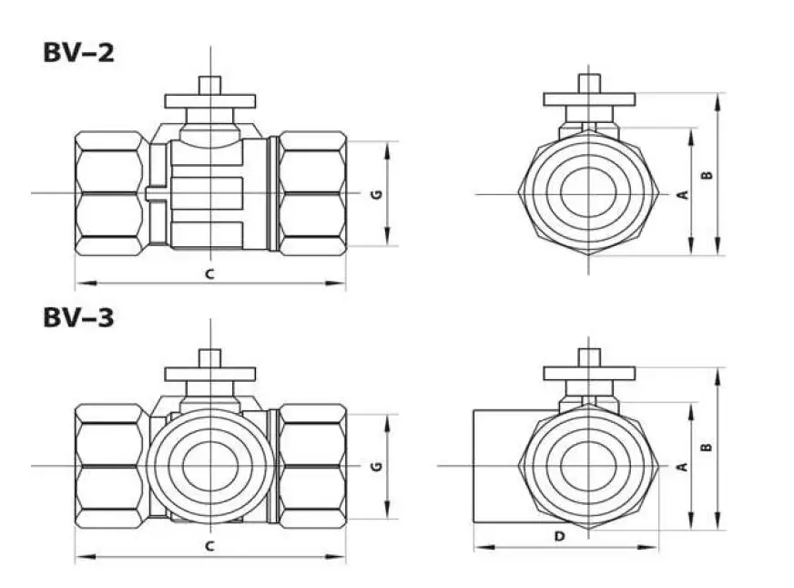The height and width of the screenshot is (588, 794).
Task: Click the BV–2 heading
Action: point(79,53)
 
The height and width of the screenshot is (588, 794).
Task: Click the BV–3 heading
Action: point(79,318)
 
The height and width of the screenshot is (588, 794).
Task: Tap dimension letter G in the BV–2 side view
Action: point(377,194)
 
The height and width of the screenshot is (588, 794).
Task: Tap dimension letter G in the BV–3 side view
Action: point(377,467)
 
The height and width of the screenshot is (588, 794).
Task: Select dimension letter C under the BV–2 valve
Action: point(209,274)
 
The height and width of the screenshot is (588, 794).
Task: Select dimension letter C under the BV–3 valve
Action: point(209,546)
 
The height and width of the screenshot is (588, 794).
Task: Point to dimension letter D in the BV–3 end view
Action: point(559,536)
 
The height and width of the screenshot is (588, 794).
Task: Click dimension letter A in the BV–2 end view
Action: point(683,194)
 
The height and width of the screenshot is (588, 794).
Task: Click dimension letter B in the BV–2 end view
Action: point(707,175)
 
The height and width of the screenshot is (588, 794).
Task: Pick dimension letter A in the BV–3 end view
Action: point(683,467)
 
